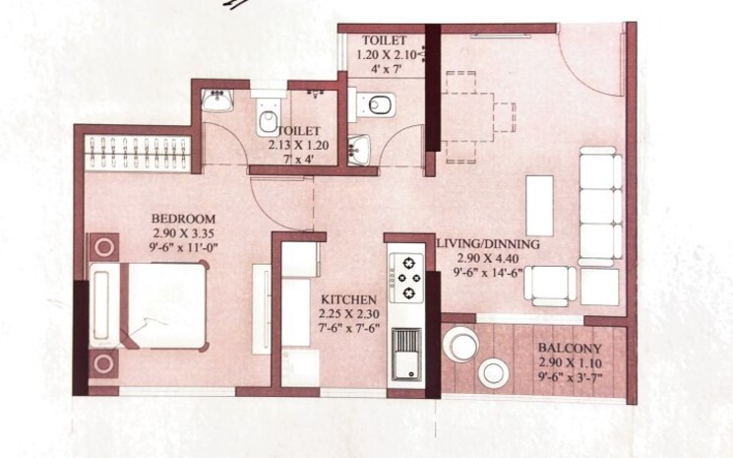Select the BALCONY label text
568,350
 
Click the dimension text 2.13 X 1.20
296,145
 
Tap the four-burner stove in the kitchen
405,279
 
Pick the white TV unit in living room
540,204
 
